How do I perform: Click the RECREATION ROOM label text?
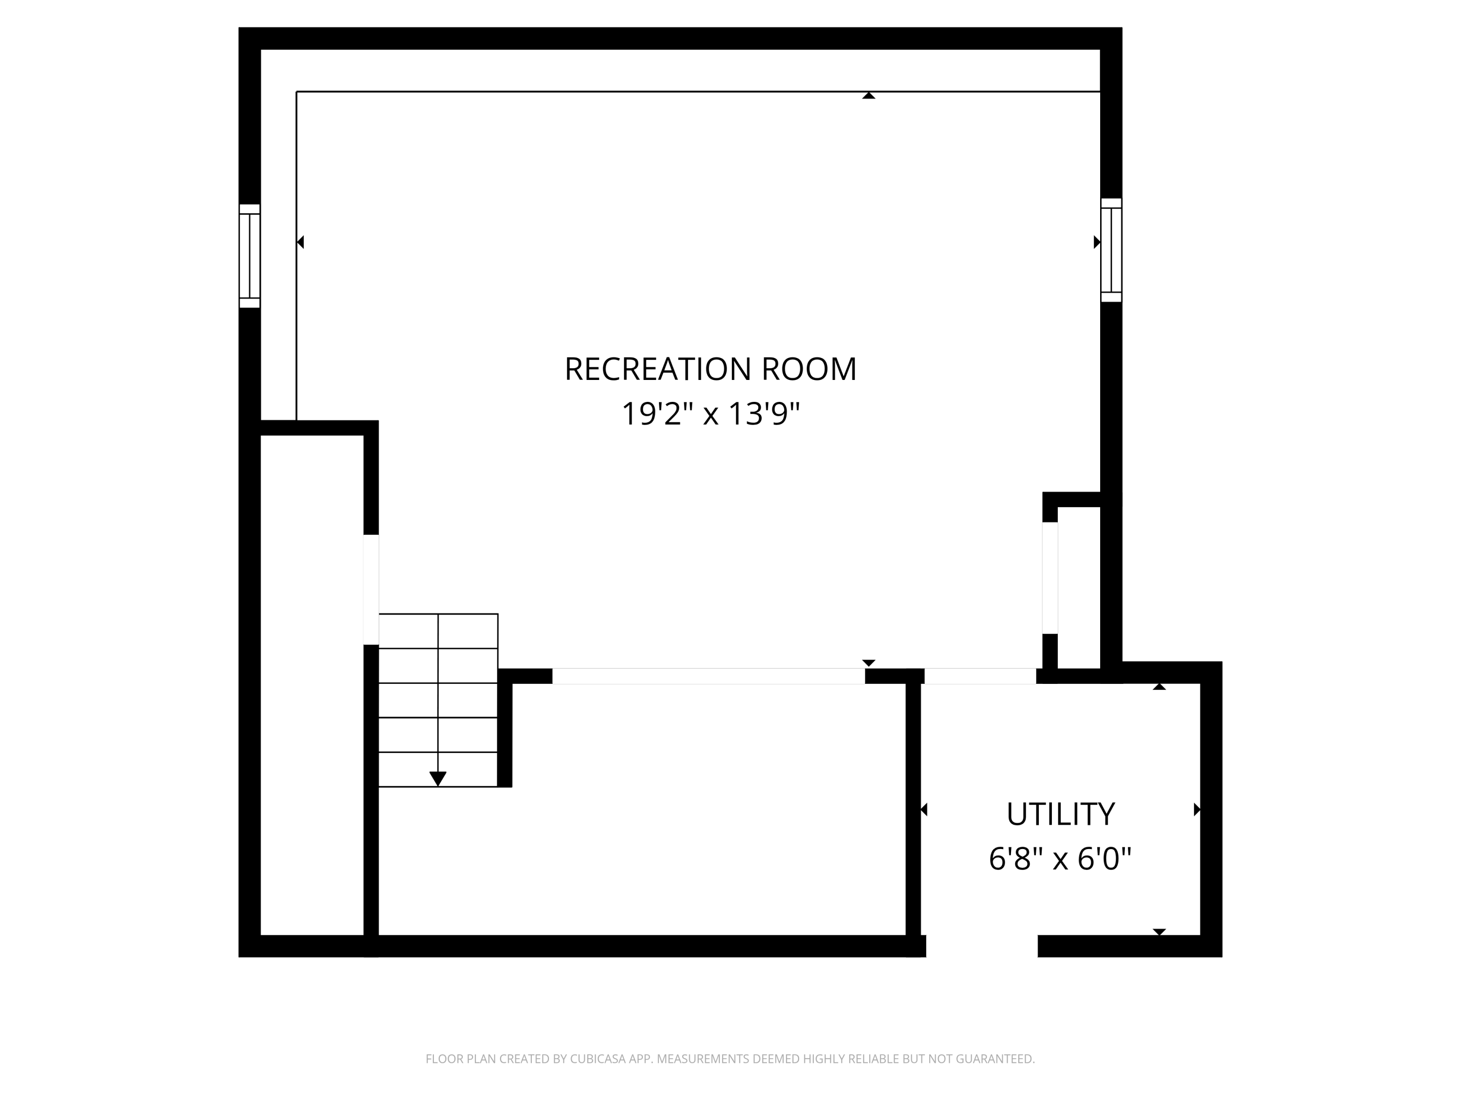tap(710, 369)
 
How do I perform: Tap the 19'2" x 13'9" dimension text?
tap(710, 414)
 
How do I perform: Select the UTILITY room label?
tap(1060, 814)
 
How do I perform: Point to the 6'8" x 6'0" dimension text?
tap(1060, 859)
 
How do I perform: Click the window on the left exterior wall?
tap(250, 256)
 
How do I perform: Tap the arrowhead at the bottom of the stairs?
tap(438, 779)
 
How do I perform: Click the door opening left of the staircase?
tap(371, 589)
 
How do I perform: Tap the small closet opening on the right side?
tap(1049, 578)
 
